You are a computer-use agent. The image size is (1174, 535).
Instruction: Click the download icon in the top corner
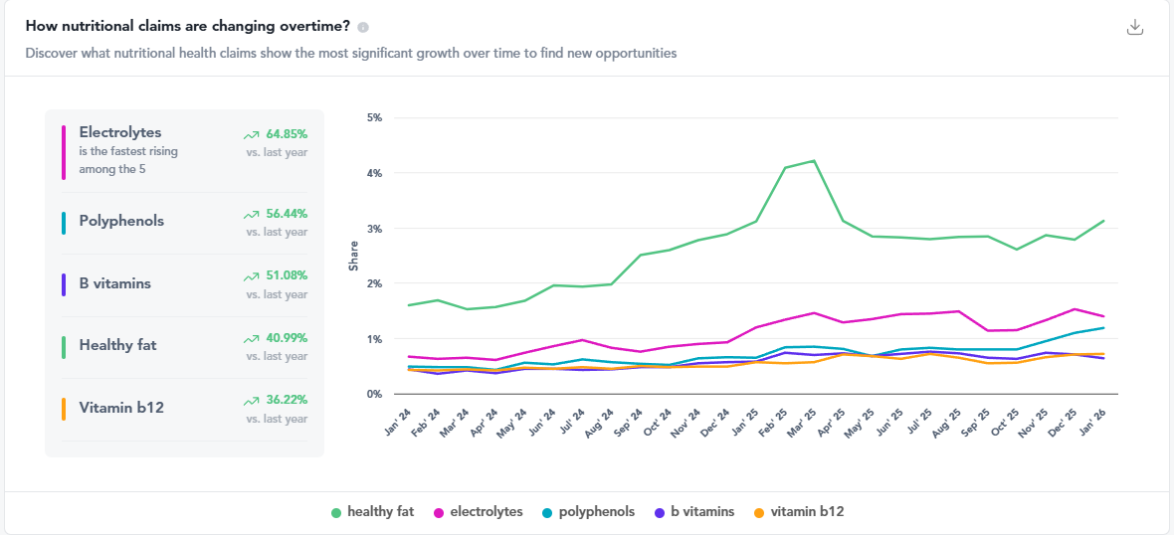[1134, 27]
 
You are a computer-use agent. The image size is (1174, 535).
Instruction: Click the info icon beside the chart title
[363, 27]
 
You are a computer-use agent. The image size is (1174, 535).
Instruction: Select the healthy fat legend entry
[372, 512]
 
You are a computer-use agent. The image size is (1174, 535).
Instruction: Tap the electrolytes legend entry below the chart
[478, 512]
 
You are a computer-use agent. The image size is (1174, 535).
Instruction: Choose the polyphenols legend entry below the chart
[588, 512]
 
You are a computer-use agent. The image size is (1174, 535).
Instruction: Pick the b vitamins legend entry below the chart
[694, 512]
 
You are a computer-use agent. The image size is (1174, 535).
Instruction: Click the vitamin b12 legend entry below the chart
[799, 512]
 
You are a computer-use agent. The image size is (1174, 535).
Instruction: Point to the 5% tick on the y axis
[375, 117]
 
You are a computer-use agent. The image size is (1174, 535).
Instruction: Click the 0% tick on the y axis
[375, 395]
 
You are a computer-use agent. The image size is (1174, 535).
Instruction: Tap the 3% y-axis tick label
[375, 229]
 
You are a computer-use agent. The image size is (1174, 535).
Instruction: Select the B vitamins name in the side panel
[115, 283]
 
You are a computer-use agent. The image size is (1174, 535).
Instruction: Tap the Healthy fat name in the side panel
[117, 345]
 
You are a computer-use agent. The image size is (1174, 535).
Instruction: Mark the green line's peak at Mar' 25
[814, 161]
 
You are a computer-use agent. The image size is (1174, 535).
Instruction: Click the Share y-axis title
[353, 257]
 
